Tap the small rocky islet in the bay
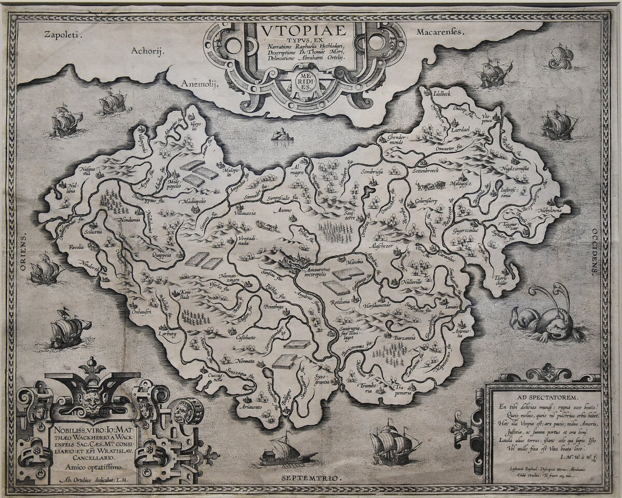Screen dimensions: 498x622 tap(283, 135)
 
